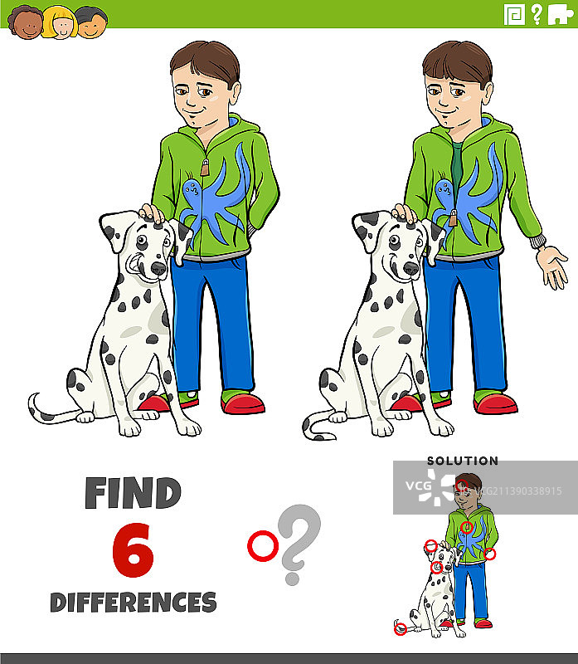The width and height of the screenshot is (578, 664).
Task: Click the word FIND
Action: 133,493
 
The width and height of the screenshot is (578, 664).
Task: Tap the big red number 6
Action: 133,549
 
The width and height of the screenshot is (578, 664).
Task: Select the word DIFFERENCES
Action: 134,603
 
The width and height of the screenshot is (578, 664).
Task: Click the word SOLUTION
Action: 463,461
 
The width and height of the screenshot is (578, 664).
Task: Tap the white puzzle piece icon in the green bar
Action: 561,15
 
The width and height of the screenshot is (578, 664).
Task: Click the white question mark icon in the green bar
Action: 537,14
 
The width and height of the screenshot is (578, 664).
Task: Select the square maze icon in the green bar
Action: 514,15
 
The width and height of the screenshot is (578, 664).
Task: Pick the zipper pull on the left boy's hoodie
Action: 205,168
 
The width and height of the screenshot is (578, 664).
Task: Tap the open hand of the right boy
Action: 552,266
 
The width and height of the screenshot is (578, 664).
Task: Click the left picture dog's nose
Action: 158,267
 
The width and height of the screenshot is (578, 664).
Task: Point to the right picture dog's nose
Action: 410,267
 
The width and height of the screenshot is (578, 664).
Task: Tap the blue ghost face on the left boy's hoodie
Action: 192,190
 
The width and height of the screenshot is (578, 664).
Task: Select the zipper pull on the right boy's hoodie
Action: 453,218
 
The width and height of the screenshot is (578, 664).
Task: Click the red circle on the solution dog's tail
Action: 401,629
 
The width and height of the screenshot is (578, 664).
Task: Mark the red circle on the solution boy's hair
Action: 462,486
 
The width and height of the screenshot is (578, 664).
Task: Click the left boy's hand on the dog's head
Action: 152,213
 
